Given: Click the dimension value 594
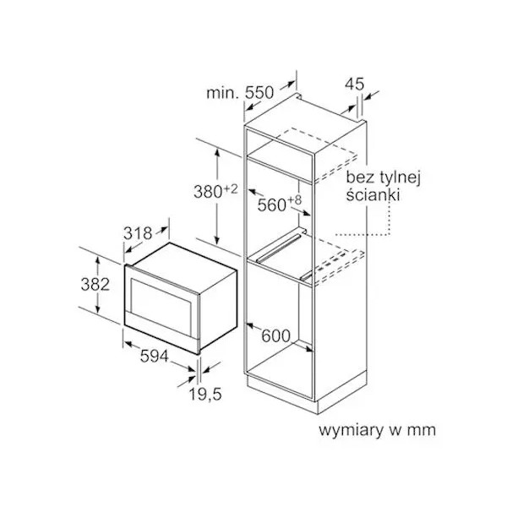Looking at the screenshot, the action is tap(155, 357).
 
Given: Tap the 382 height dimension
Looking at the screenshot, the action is tap(95, 285).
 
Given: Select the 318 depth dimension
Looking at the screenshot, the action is tap(138, 233).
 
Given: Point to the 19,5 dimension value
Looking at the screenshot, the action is tap(205, 394).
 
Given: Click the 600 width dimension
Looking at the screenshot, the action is tap(275, 336).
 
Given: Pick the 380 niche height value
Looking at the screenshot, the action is tap(208, 192).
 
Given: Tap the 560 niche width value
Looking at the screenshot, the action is tap(271, 205).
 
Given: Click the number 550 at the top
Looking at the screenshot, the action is tap(259, 93).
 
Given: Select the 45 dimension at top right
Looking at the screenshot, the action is tap(354, 84).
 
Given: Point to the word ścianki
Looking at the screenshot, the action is tap(373, 195).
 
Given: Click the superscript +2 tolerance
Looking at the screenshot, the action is tap(230, 188).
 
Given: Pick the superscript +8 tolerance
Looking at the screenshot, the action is tap(294, 200).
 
